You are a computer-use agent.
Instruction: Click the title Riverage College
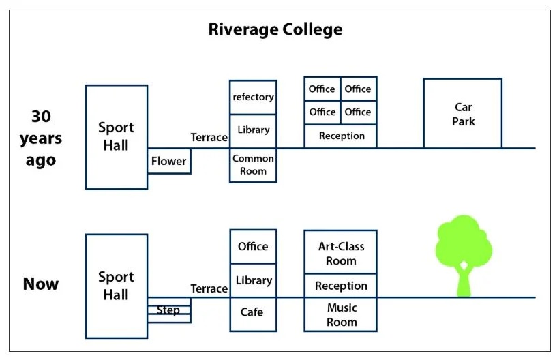click(x=275, y=30)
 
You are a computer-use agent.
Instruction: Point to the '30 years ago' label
click(x=40, y=138)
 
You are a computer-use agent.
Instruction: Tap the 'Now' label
click(x=41, y=284)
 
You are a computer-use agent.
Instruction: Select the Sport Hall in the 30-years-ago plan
click(x=116, y=136)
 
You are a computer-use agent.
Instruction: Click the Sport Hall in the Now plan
click(x=116, y=286)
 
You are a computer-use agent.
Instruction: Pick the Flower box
click(x=168, y=162)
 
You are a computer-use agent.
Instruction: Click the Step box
click(x=168, y=310)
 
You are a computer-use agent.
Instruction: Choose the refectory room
click(x=253, y=97)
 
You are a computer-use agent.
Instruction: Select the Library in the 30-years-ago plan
click(x=253, y=130)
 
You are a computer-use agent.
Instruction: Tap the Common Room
click(x=253, y=164)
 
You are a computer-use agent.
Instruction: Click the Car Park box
click(x=462, y=114)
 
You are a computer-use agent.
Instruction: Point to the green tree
click(x=464, y=252)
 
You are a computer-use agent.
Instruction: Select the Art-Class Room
click(x=340, y=253)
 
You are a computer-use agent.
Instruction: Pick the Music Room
click(x=340, y=314)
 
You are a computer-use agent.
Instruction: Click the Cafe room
click(x=253, y=312)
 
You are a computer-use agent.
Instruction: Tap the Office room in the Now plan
click(x=253, y=246)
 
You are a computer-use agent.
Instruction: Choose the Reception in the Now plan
click(x=340, y=286)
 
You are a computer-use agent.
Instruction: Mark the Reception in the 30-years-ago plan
click(x=341, y=136)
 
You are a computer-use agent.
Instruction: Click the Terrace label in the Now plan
click(x=209, y=288)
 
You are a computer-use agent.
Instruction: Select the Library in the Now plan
click(x=253, y=280)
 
